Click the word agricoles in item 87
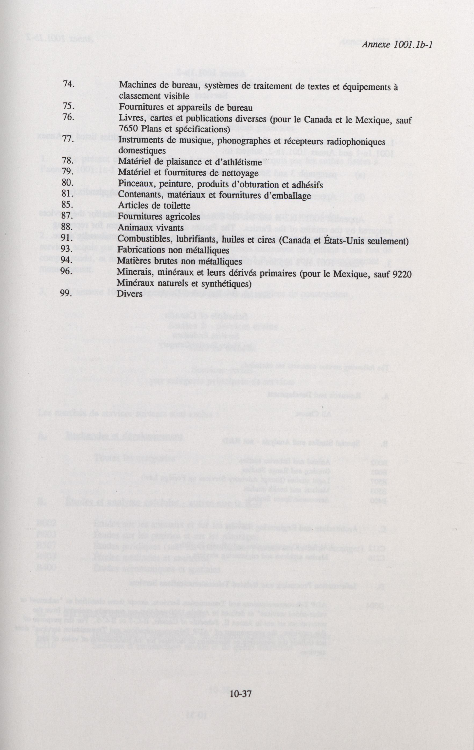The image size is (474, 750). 183,217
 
